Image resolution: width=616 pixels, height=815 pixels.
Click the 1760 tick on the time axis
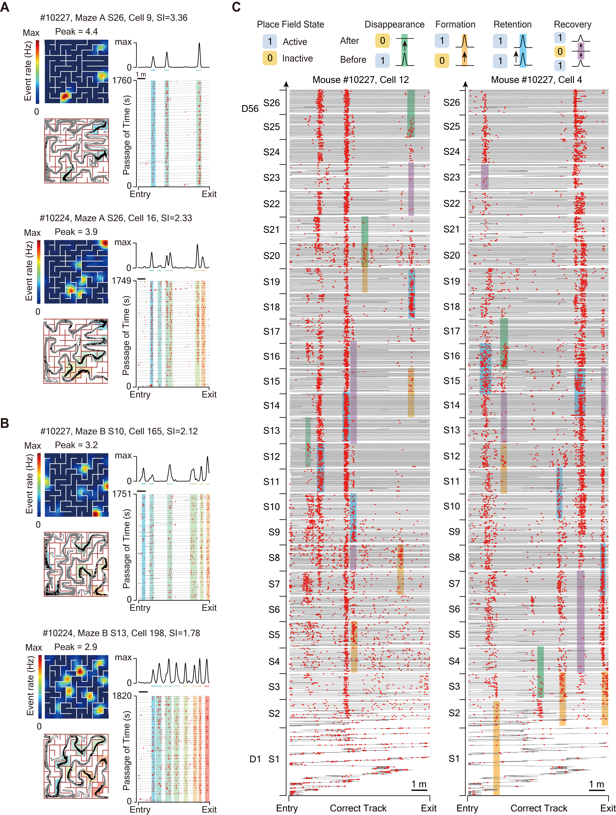(x=122, y=80)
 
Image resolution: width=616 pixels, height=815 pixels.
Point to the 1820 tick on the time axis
(x=122, y=696)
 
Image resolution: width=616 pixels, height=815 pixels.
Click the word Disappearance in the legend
(x=394, y=25)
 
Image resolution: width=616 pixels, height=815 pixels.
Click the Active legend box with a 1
(x=270, y=41)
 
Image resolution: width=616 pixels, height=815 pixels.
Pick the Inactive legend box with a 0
(x=270, y=58)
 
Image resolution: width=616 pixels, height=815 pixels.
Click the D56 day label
(x=250, y=109)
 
